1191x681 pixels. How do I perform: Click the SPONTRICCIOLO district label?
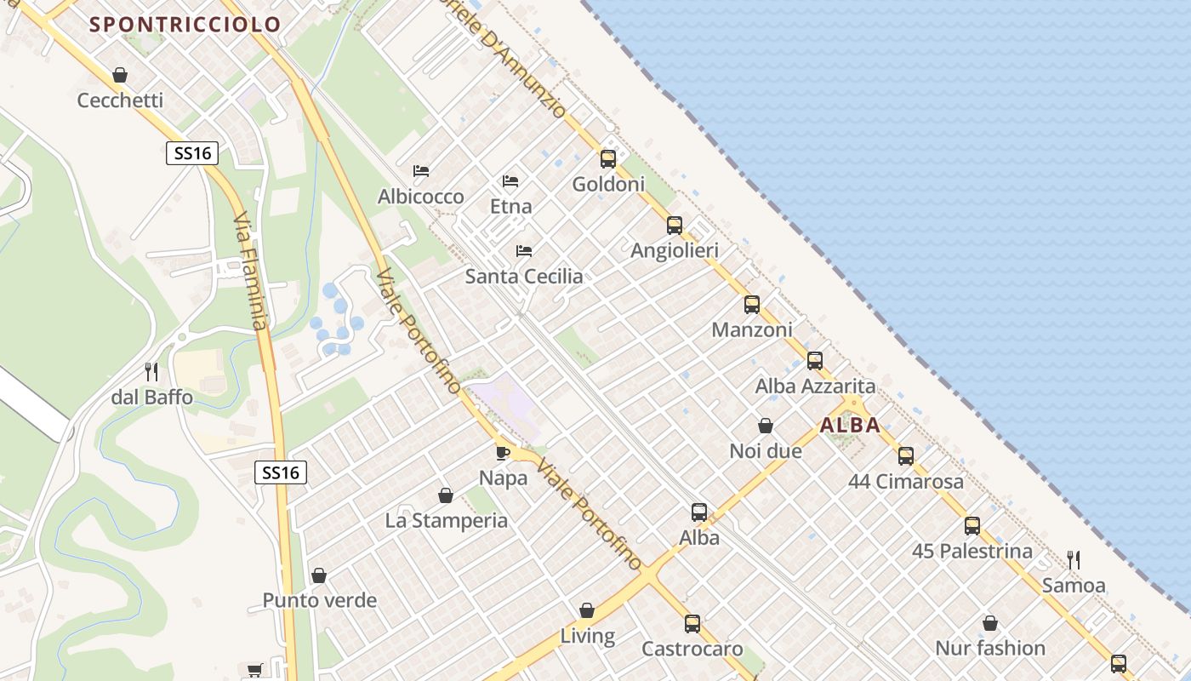click(x=185, y=25)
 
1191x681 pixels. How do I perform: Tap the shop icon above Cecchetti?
click(x=120, y=75)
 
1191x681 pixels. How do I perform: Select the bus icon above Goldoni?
click(x=607, y=158)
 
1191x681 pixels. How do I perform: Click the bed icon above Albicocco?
click(x=420, y=171)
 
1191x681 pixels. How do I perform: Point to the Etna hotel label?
click(x=510, y=206)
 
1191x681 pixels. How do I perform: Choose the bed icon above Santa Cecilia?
click(x=524, y=251)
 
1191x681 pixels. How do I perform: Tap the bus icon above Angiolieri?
click(x=675, y=226)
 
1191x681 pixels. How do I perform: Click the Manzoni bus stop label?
click(x=751, y=329)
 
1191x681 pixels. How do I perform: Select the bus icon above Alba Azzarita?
click(x=815, y=361)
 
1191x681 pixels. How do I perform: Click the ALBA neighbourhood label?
click(x=850, y=426)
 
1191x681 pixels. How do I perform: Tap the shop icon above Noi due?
click(x=766, y=426)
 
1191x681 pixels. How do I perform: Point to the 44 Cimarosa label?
click(x=906, y=482)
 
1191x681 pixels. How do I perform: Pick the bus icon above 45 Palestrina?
click(x=972, y=526)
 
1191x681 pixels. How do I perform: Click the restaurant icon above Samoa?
click(x=1074, y=560)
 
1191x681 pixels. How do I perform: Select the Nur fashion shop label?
click(x=989, y=649)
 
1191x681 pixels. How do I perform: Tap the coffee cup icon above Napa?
click(x=503, y=452)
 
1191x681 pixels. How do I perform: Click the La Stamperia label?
click(x=446, y=521)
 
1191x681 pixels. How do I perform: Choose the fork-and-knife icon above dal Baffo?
click(x=151, y=372)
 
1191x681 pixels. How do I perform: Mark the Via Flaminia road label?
click(x=250, y=272)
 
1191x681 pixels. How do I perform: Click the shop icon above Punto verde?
click(x=319, y=575)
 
